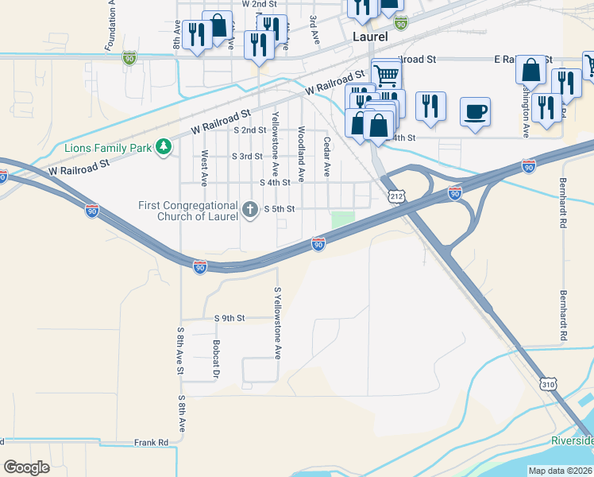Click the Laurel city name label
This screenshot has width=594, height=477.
371,36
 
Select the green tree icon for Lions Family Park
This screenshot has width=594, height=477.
164,146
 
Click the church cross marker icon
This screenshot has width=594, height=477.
250,209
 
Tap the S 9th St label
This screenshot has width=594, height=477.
229,318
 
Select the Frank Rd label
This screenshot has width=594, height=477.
151,442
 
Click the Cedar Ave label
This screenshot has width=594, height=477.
326,156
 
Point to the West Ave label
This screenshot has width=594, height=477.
204,169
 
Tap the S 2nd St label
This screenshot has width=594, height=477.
249,130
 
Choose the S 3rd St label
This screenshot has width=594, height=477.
246,156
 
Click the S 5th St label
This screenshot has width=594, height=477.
279,208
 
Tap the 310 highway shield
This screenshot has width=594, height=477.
548,384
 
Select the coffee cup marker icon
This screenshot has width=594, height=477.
475,112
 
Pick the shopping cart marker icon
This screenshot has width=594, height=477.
386,75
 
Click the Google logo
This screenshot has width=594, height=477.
27,467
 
